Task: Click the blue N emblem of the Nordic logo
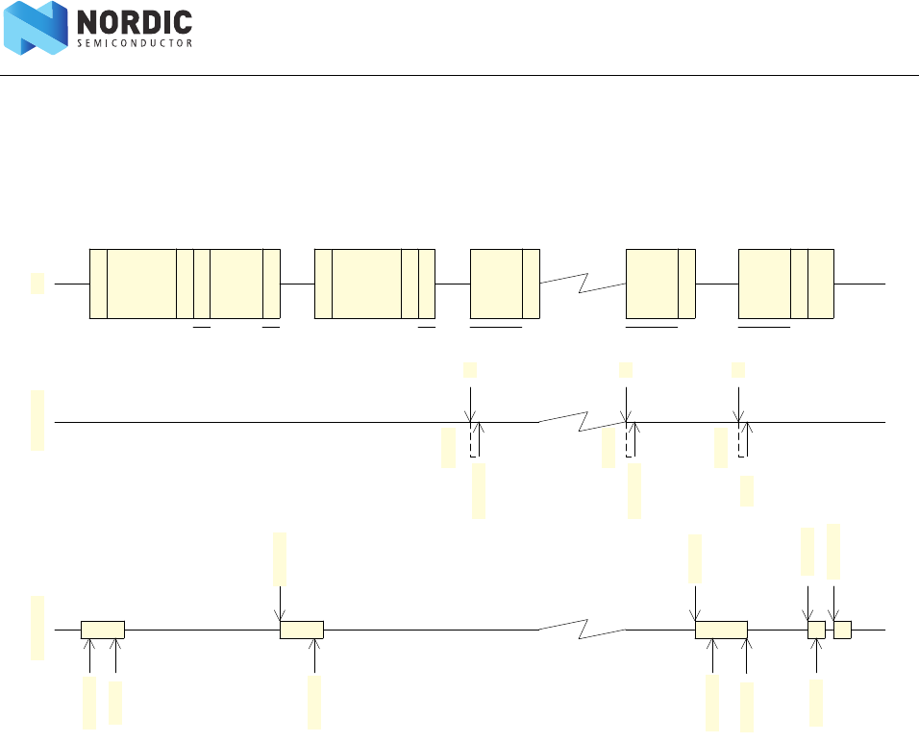[x=36, y=28]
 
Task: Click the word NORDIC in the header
[x=134, y=22]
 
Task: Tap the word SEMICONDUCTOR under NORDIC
[x=134, y=43]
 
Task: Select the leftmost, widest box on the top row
[x=185, y=284]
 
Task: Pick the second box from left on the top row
[x=375, y=284]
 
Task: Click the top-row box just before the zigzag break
[x=505, y=284]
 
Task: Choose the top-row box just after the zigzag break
[x=660, y=284]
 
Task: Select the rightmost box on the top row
[x=785, y=284]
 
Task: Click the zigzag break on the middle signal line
[x=583, y=421]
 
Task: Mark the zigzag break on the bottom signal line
[x=583, y=631]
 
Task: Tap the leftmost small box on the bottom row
[x=103, y=630]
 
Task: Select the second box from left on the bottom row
[x=301, y=630]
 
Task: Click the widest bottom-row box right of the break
[x=721, y=630]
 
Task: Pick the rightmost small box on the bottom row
[x=842, y=630]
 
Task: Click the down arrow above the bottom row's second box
[x=279, y=606]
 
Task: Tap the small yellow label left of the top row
[x=37, y=283]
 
